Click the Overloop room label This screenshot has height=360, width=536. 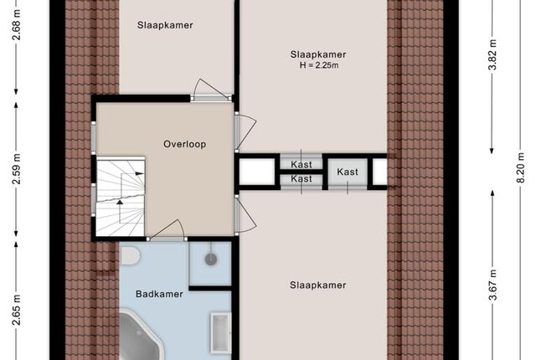(x=184, y=144)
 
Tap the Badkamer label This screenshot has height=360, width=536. (x=159, y=294)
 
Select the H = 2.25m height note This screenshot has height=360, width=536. (x=319, y=65)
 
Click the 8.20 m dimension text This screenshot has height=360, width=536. (x=520, y=167)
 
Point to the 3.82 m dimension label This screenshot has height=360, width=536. (x=492, y=55)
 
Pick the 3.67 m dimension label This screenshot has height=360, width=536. (x=492, y=285)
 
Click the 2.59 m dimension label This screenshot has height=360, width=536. (x=17, y=169)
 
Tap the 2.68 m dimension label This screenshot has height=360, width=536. (x=17, y=25)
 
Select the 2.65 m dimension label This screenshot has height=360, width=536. (x=17, y=310)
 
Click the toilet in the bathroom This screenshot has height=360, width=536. (x=130, y=255)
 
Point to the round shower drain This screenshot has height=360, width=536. (x=211, y=260)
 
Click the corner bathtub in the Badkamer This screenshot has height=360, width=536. (x=140, y=335)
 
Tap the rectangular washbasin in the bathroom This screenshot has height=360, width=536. (x=221, y=332)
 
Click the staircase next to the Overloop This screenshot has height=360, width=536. (x=121, y=197)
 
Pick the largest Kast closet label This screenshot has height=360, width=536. (x=348, y=172)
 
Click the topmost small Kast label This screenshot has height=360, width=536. (x=301, y=165)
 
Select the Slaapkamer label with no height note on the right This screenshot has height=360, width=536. (x=318, y=285)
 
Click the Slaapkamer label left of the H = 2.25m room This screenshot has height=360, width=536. (x=165, y=25)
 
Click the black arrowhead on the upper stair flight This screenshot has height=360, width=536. (x=140, y=173)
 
